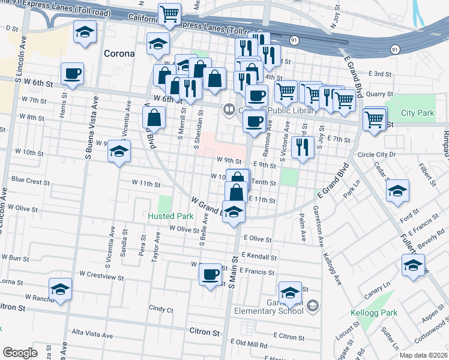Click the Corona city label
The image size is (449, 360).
tap(119, 53)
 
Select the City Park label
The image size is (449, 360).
tap(417, 113)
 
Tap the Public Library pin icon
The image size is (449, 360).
tap(228, 110)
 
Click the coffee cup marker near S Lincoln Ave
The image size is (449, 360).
tap(72, 74)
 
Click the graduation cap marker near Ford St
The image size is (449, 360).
tap(397, 192)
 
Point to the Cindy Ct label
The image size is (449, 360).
tap(161, 310)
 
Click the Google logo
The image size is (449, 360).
tap(20, 353)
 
